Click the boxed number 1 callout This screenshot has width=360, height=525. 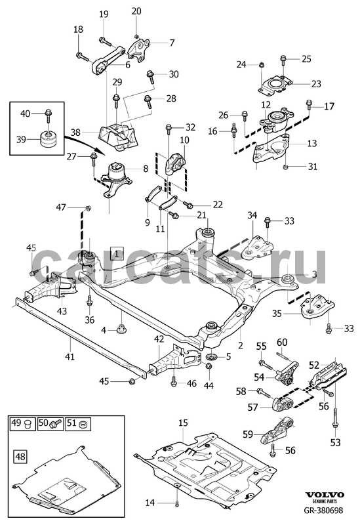tap(117, 254)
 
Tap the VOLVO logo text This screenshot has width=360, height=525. tap(324, 495)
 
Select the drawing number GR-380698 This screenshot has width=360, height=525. tap(323, 511)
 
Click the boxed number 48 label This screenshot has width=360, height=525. tap(20, 456)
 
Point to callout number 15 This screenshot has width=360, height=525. tap(183, 423)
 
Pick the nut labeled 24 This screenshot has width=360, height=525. tap(262, 64)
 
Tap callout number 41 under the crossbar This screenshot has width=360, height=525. tap(70, 356)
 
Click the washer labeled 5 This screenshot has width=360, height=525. tap(212, 356)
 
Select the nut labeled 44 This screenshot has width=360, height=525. tap(209, 366)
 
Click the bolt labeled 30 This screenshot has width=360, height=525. tap(151, 77)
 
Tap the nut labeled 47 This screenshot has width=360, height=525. tap(88, 208)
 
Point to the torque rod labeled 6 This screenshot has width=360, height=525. tap(108, 61)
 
